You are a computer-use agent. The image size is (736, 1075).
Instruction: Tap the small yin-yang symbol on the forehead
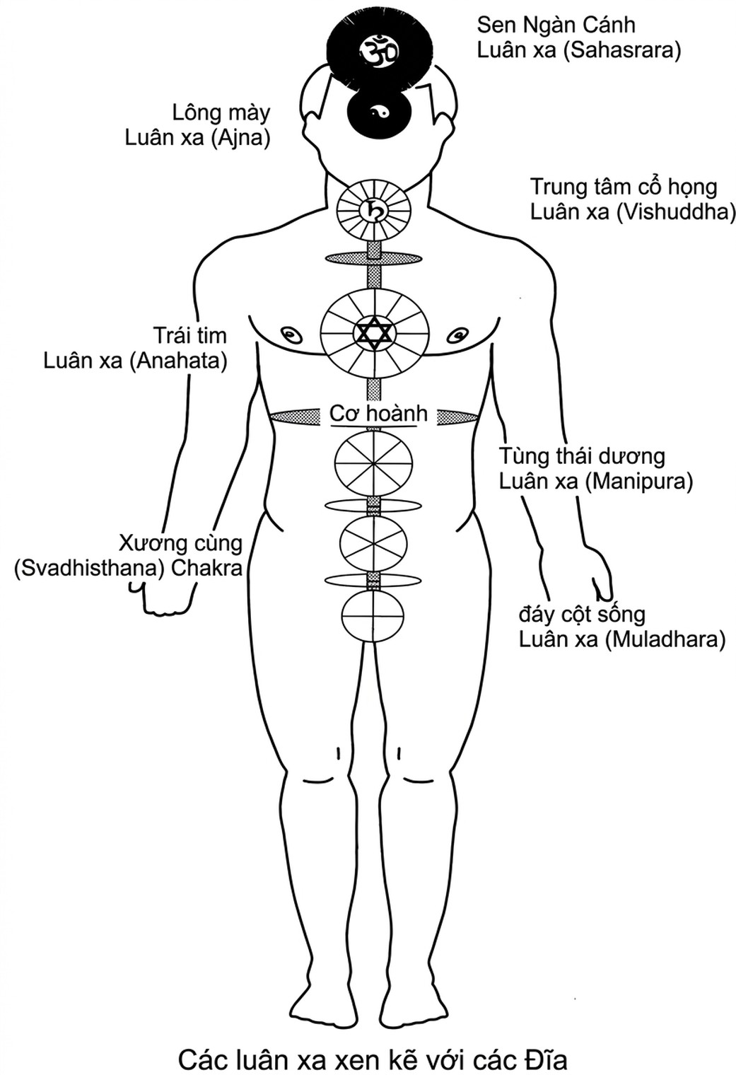[x=378, y=112]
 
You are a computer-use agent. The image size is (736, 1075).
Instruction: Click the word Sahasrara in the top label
[x=622, y=51]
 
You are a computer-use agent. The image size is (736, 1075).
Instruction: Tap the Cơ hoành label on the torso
[x=378, y=414]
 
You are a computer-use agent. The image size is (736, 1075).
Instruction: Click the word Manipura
[x=639, y=482]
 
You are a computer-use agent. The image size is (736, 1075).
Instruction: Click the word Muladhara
[x=665, y=640]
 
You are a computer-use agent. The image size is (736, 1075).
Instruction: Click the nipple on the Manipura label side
[x=459, y=334]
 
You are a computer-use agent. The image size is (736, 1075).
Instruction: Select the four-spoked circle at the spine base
[x=373, y=616]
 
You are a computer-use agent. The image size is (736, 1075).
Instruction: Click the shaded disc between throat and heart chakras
[x=374, y=258]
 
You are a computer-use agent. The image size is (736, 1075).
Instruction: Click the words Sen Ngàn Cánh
[x=556, y=25]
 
